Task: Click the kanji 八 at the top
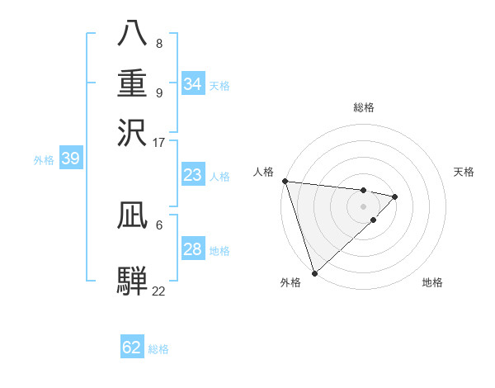pos(133,35)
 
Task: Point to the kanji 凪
pos(133,216)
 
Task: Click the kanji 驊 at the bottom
pos(133,281)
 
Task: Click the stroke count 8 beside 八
pos(159,43)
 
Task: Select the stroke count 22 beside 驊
pos(159,291)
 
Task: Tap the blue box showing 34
pos(193,84)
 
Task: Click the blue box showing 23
pos(193,175)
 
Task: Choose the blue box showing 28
pos(193,249)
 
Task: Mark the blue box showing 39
pos(70,159)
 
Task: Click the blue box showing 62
pos(132,348)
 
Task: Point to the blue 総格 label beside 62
pos(159,349)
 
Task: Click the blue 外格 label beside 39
pos(44,160)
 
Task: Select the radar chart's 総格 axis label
pos(364,107)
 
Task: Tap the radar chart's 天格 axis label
pos(464,172)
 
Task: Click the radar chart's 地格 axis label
pos(432,283)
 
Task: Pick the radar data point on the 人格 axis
pos(285,181)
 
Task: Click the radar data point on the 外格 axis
pos(314,272)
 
